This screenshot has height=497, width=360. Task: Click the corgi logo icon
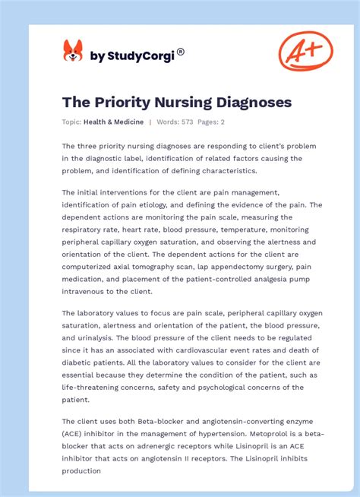(x=73, y=51)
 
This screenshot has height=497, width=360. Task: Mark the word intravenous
(x=90, y=291)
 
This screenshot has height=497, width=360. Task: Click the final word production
(x=81, y=470)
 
